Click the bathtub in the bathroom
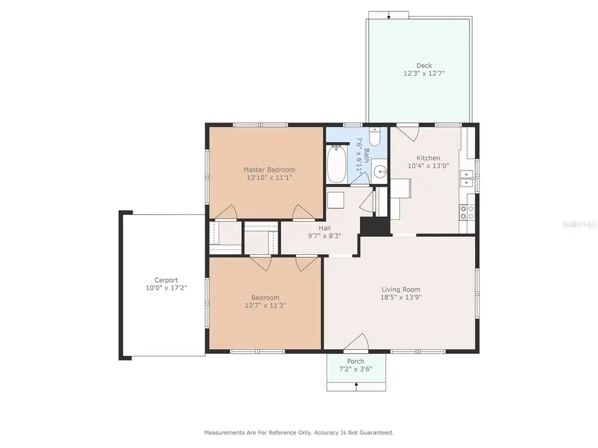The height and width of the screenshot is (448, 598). (335, 165)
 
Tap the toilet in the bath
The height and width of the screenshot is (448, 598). (374, 137)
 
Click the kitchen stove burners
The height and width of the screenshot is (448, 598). (467, 212)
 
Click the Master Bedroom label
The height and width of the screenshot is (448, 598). (268, 169)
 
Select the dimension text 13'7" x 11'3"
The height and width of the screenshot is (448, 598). (264, 306)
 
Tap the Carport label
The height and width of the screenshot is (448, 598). (166, 280)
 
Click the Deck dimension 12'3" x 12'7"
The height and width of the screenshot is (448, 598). (424, 74)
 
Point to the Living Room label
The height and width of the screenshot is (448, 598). (401, 289)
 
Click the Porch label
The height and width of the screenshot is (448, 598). (355, 361)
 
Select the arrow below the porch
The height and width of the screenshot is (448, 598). (356, 386)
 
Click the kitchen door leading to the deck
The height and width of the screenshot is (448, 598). (408, 131)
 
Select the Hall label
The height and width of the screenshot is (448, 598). (324, 228)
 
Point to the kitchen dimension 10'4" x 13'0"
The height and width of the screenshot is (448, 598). (428, 166)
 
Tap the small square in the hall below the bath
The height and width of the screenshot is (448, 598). (336, 200)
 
